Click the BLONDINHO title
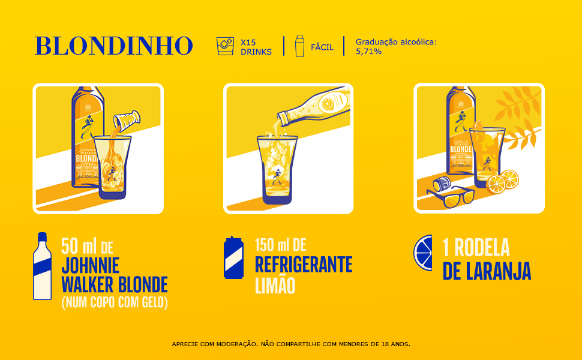pos(113,46)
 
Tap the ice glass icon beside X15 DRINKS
pos(225,46)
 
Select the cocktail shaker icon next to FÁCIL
pos(300,46)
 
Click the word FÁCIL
pos(322,47)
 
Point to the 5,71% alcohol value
pos(368,52)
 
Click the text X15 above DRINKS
pos(248,42)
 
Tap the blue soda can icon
pos(233,257)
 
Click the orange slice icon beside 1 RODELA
pos(422,253)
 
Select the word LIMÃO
pos(275,285)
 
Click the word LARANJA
pos(502,271)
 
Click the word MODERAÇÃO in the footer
pos(235,344)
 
